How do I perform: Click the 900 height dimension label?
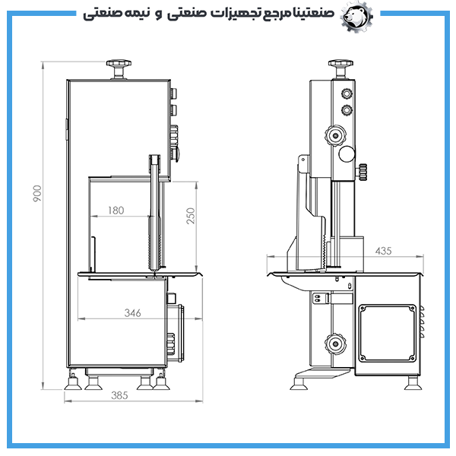pyautogui.click(x=37, y=193)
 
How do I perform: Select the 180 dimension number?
pyautogui.click(x=116, y=211)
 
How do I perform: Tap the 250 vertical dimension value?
pyautogui.click(x=191, y=216)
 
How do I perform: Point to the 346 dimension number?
pyautogui.click(x=132, y=313)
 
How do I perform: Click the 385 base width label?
pyautogui.click(x=119, y=395)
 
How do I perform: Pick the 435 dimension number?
pyautogui.click(x=383, y=251)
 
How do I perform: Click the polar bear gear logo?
pyautogui.click(x=356, y=16)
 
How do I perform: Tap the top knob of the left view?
pyautogui.click(x=119, y=69)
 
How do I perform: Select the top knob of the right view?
pyautogui.click(x=340, y=69)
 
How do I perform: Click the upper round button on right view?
pyautogui.click(x=347, y=93)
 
